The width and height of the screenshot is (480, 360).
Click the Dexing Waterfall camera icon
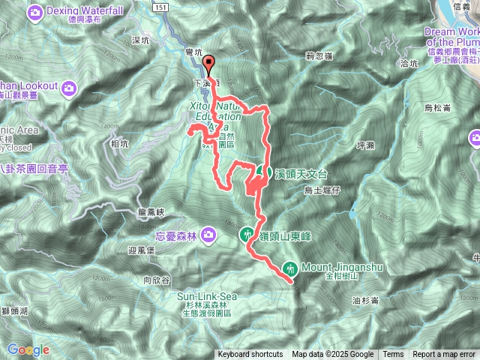pyautogui.click(x=34, y=12)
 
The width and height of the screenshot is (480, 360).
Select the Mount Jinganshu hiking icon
pyautogui.click(x=290, y=268)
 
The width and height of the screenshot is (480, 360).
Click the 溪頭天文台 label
pyautogui.click(x=301, y=173)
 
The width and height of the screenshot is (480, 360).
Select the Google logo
pyautogui.click(x=28, y=349)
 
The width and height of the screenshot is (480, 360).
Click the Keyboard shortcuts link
pyautogui.click(x=250, y=355)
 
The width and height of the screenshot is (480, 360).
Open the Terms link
pyautogui.click(x=393, y=355)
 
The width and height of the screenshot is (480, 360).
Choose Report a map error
pyautogui.click(x=444, y=355)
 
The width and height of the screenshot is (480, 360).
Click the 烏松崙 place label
pyautogui.click(x=437, y=108)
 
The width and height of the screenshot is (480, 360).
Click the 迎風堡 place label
pyautogui.click(x=141, y=250)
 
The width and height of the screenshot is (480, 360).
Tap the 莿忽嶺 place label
pyautogui.click(x=319, y=55)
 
